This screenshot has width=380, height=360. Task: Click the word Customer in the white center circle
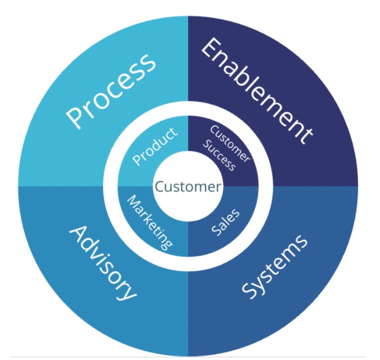coord(188,187)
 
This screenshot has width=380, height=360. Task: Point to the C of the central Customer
coord(159,187)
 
